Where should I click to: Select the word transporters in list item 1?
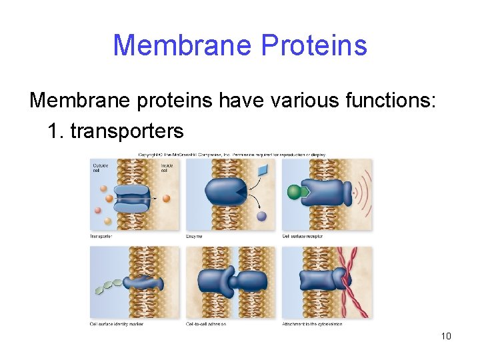127,130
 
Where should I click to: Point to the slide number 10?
446,335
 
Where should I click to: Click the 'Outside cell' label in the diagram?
100,167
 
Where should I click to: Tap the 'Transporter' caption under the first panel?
101,236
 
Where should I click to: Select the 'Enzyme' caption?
194,236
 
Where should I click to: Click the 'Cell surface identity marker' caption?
117,324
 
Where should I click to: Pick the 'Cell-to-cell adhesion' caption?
207,324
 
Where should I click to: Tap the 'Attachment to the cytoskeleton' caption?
313,324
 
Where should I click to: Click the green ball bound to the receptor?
295,193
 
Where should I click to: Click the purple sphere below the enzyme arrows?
262,215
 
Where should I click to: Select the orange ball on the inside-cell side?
166,198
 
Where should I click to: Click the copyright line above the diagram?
231,155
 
